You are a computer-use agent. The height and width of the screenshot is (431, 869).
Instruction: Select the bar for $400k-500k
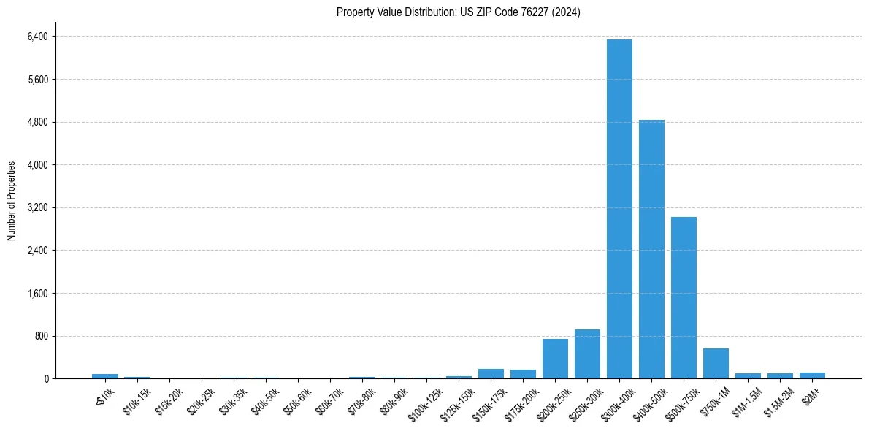pyautogui.click(x=651, y=249)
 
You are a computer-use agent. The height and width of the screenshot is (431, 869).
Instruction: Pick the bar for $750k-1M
pyautogui.click(x=716, y=364)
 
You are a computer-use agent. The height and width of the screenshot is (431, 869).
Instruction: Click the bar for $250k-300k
pyautogui.click(x=587, y=354)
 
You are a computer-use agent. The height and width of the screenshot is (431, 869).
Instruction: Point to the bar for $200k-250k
pyautogui.click(x=555, y=359)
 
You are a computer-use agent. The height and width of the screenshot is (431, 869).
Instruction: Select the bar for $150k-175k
pyautogui.click(x=491, y=374)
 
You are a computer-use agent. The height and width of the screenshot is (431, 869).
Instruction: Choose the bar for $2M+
pyautogui.click(x=812, y=375)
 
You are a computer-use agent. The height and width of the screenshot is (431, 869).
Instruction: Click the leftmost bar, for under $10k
pyautogui.click(x=105, y=376)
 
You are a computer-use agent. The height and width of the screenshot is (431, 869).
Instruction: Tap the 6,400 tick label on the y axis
pyautogui.click(x=37, y=37)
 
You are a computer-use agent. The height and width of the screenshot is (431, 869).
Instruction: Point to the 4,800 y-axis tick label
pyautogui.click(x=37, y=122)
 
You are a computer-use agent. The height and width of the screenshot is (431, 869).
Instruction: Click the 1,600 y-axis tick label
pyautogui.click(x=37, y=294)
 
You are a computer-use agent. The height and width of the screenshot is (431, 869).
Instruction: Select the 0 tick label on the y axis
pyautogui.click(x=45, y=379)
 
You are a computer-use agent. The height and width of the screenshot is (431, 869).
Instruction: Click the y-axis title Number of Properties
pyautogui.click(x=12, y=200)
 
